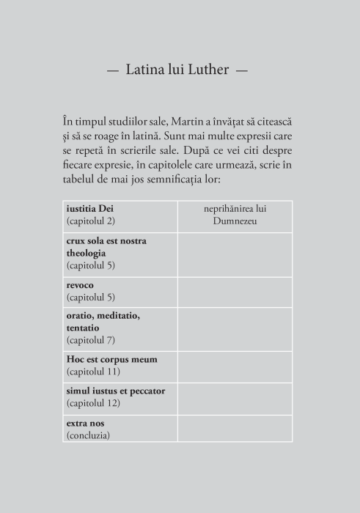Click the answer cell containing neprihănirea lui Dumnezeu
click(x=235, y=215)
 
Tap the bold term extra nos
click(x=85, y=422)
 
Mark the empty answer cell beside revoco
click(x=235, y=291)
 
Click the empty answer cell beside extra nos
click(x=235, y=428)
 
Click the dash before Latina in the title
click(x=113, y=71)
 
